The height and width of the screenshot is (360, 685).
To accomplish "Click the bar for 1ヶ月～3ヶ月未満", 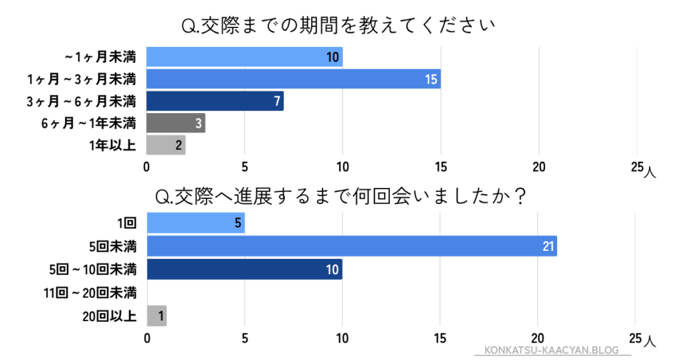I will coord(293,80).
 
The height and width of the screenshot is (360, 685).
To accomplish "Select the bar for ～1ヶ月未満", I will coord(244,57).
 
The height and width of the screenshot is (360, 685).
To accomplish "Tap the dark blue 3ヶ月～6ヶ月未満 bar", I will coord(215,101).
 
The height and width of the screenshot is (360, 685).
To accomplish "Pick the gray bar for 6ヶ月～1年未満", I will coord(175,123).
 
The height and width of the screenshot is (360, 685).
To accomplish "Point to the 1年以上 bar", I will coord(166,145).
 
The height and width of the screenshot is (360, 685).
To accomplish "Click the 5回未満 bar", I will coord(352,246).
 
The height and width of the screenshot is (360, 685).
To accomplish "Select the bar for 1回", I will coord(195,223).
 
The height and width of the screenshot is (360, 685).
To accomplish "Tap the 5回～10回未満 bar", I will coord(244,268).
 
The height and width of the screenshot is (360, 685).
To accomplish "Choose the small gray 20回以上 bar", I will coord(157,315).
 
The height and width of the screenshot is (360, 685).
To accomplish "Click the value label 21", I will coord(549,246).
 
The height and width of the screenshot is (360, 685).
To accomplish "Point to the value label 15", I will coord(431,80).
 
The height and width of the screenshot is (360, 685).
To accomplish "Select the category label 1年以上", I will coord(112,145).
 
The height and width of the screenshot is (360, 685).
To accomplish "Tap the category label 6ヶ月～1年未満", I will coord(88,123).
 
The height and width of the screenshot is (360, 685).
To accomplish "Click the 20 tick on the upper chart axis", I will coord(539,167).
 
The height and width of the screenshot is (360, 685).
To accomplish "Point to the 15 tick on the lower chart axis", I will coord(440,338).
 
